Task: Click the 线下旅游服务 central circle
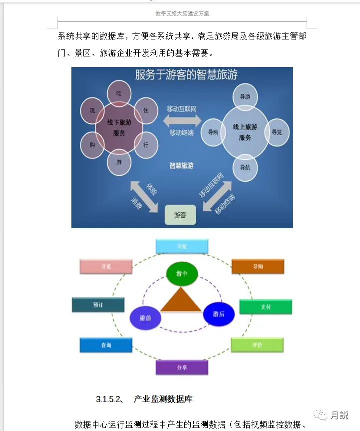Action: [119, 127]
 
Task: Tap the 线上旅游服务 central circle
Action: [245, 132]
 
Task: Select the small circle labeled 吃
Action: [119, 93]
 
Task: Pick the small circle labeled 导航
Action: [245, 167]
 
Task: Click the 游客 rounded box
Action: [180, 215]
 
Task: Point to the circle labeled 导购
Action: [213, 132]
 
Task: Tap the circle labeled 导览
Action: [277, 132]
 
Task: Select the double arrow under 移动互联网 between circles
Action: [182, 120]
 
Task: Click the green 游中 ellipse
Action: [182, 273]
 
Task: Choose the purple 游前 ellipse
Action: [145, 318]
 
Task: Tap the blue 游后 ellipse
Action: [219, 314]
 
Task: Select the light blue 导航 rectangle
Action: [182, 246]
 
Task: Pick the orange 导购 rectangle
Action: [258, 267]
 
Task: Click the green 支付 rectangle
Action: [266, 307]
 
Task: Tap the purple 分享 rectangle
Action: [182, 368]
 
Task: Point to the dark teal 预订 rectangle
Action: [98, 305]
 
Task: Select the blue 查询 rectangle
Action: [106, 345]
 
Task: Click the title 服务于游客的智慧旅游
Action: [186, 75]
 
